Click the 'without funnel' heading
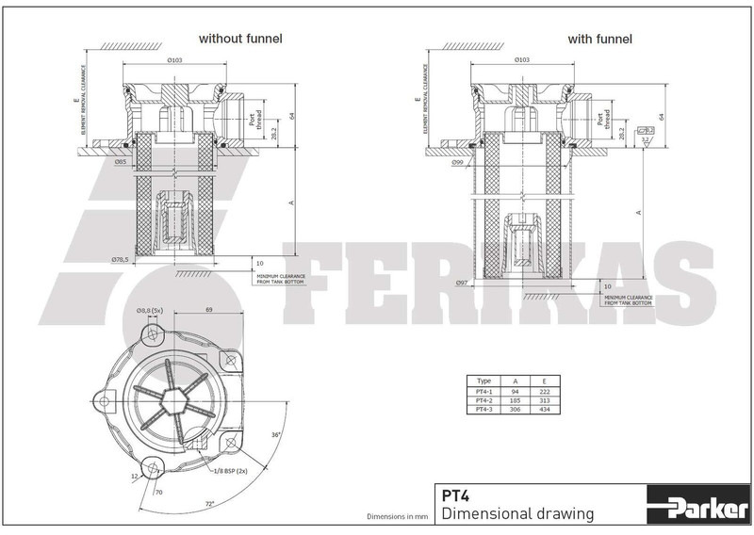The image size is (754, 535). click(239, 39)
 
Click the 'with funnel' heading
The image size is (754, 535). click(599, 39)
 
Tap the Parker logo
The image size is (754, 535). click(697, 507)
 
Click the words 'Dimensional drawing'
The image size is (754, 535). click(517, 513)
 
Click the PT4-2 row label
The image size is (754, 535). click(484, 400)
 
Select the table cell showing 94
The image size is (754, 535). click(515, 392)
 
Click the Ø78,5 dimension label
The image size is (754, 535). click(120, 259)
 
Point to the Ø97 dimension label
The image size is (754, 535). click(462, 284)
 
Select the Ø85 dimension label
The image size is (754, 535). click(120, 162)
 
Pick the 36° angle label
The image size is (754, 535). click(275, 434)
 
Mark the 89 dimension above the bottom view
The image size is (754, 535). click(208, 309)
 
